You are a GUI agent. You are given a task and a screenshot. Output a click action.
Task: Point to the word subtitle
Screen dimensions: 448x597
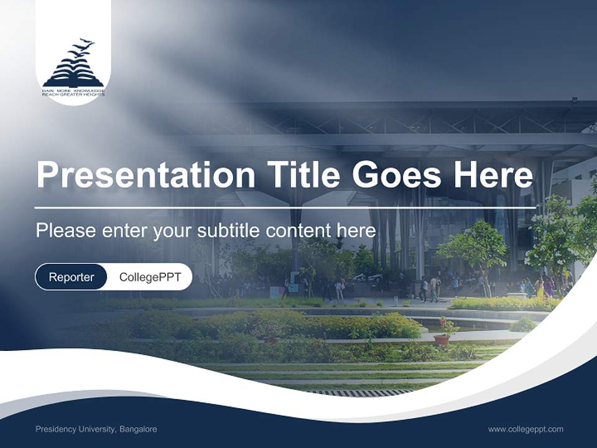click(228, 231)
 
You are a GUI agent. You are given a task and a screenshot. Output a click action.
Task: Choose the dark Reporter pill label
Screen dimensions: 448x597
click(72, 277)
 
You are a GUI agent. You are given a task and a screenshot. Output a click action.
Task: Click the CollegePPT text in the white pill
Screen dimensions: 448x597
click(150, 277)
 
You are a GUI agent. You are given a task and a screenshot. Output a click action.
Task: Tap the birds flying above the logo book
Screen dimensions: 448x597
click(81, 49)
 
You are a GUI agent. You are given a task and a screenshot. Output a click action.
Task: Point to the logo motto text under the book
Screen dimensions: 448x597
click(73, 93)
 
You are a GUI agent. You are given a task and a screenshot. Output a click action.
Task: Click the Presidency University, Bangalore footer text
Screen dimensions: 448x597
click(96, 429)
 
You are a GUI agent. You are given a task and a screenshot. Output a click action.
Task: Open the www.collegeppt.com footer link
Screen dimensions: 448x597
click(525, 429)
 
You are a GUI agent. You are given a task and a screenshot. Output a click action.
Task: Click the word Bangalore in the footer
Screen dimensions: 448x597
click(138, 429)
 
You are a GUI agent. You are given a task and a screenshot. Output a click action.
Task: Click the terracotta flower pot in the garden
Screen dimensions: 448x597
click(442, 340)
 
